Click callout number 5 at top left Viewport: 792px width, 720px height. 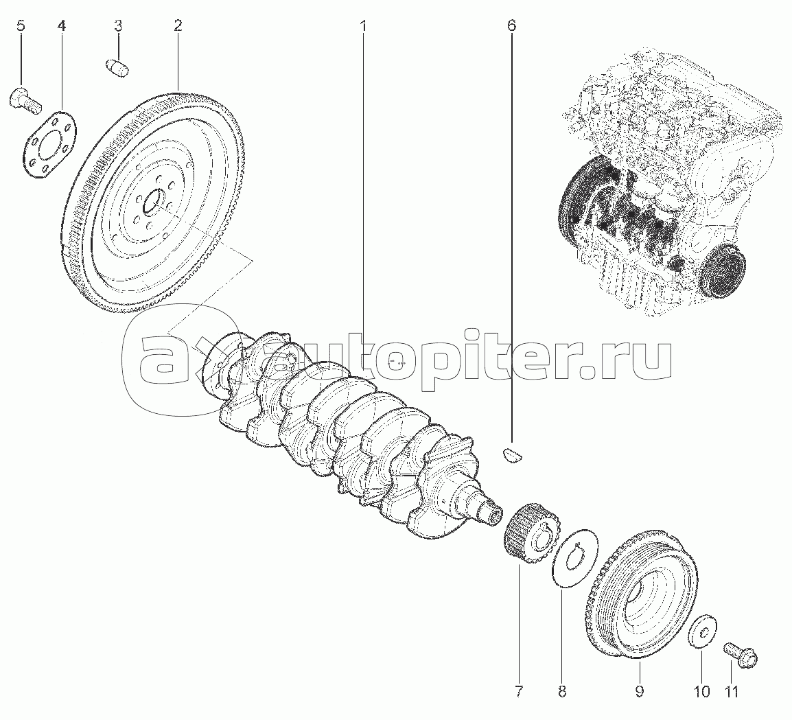tap(20, 27)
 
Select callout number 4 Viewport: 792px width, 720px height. tap(62, 27)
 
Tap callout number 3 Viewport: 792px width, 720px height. tap(118, 27)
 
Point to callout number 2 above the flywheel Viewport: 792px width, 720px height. tap(178, 27)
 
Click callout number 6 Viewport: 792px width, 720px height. tap(511, 27)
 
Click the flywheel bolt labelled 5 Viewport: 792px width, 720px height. tap(24, 100)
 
